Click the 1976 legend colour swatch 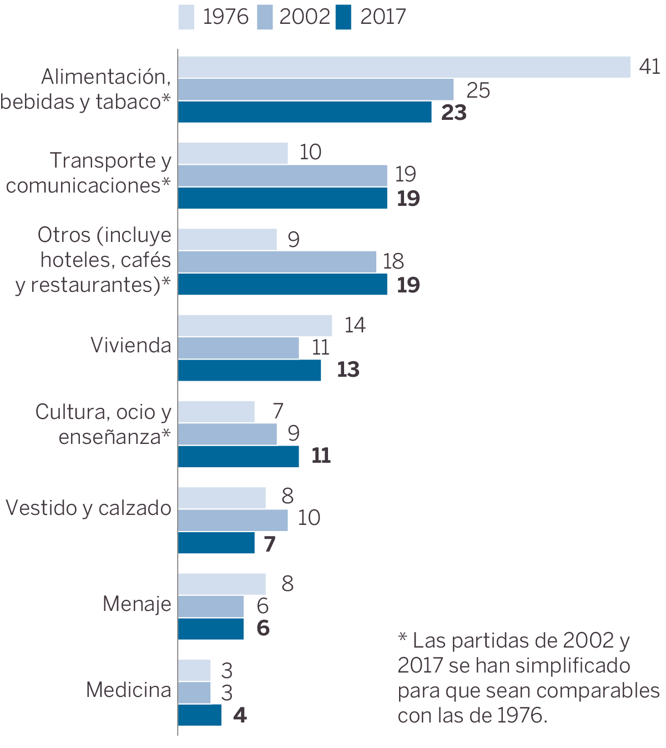186,17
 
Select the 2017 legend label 383,17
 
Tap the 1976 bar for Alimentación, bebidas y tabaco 404,67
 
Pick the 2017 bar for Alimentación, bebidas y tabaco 305,112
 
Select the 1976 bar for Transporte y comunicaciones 233,153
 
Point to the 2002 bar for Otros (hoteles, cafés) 277,262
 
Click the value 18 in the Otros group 393,261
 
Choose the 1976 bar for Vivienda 255,326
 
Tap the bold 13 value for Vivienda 348,370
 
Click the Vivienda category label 131,346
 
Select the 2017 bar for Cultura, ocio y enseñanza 239,456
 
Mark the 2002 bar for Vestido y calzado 233,520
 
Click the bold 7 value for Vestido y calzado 270,544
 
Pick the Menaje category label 137,604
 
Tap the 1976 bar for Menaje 222,584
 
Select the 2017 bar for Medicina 200,715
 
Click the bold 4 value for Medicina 240,715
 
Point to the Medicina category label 129,690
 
